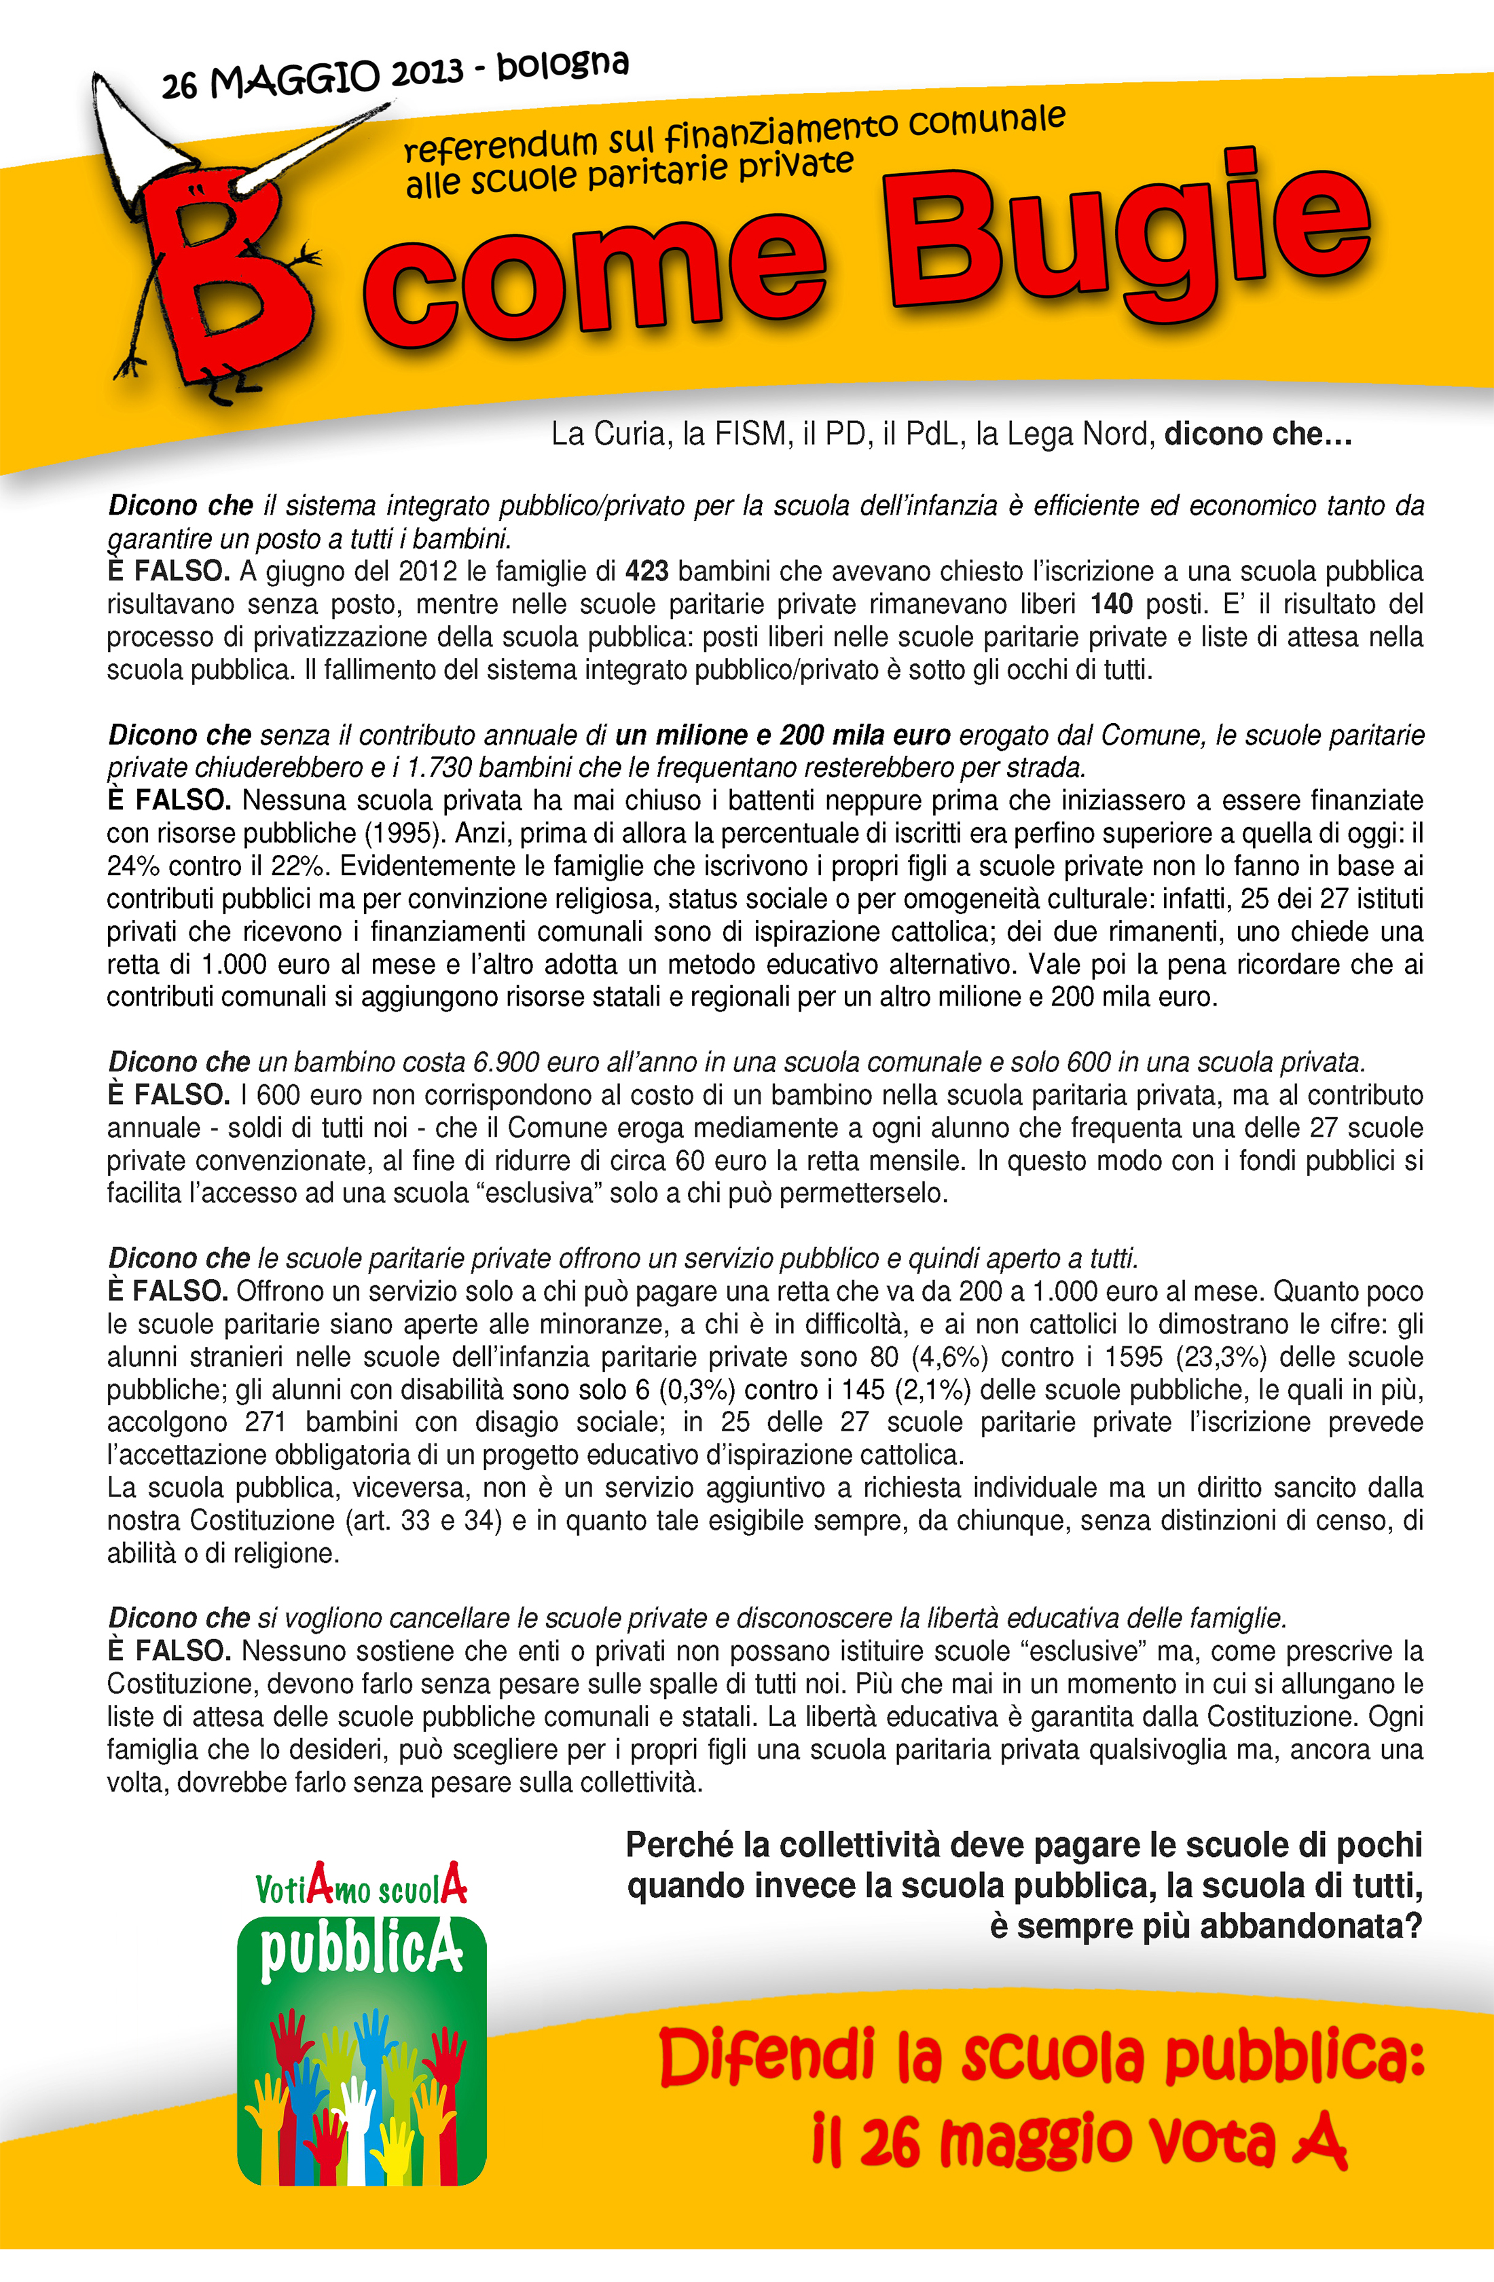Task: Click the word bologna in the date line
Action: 563,65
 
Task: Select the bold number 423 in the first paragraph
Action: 646,572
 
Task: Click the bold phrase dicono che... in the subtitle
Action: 1257,435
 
